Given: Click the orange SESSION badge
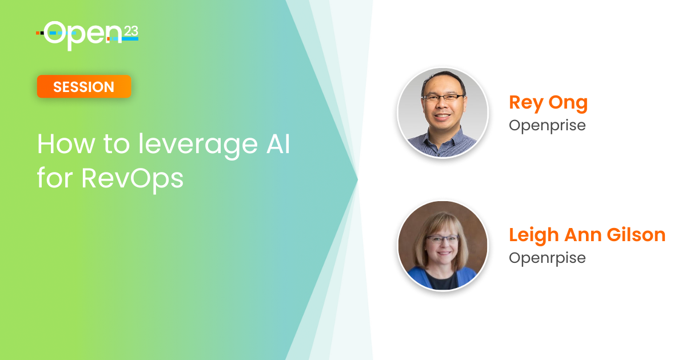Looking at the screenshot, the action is (84, 87).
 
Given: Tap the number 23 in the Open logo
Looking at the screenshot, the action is (131, 31).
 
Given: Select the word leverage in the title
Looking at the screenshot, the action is (198, 146).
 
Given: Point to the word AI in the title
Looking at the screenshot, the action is (278, 143).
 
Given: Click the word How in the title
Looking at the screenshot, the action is (66, 143).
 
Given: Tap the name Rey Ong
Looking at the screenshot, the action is (548, 103).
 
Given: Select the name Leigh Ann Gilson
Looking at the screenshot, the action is (587, 235).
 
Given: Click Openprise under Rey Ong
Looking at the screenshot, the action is (547, 126).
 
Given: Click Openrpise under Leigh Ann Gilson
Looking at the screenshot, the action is (547, 258).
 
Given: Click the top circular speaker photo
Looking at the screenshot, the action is (442, 113).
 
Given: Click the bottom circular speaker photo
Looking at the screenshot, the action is (442, 245).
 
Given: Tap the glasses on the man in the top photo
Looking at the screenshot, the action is (443, 98).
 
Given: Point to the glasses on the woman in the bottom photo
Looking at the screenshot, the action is (442, 239).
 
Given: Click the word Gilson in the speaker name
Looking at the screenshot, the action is (636, 235).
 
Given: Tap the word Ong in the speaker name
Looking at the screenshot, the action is (568, 103).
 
